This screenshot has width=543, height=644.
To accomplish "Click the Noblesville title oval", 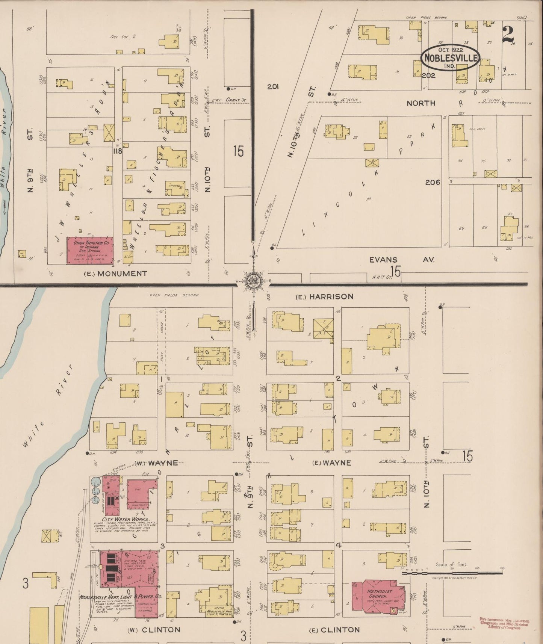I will pos(450,57).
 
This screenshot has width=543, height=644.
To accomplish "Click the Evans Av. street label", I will pos(402,260).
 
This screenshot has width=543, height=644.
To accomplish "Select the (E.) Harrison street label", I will pos(324,296).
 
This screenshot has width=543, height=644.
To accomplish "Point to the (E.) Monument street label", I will pos(115,274).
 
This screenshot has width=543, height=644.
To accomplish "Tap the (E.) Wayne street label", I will pos(332,463).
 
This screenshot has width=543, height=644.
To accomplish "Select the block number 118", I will pos(118,151).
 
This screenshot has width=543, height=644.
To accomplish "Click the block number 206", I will pos(433,182).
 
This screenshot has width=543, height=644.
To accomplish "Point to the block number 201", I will pos(273,87).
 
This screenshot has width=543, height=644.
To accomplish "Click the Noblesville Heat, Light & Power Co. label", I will pos(120,597).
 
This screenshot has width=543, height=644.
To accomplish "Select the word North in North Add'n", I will pos(421,103).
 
